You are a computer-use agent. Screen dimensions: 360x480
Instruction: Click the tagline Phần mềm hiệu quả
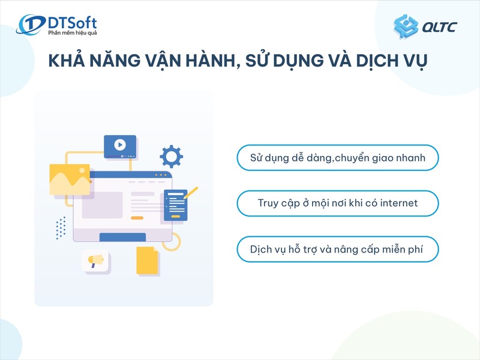(x=72, y=33)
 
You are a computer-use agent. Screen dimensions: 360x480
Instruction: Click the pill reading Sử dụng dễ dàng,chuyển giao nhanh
(x=338, y=158)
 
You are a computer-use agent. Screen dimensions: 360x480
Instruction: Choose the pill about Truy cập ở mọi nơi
(x=338, y=203)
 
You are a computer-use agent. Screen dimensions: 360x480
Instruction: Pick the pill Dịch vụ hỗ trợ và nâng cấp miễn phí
(x=338, y=249)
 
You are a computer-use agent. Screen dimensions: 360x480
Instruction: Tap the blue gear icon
(x=171, y=157)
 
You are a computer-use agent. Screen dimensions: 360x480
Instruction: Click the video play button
(x=120, y=145)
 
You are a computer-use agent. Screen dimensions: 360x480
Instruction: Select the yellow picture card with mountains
(x=70, y=179)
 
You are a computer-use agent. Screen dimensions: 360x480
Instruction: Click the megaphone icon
(x=96, y=260)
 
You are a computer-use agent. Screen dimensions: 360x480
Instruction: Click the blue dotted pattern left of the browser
(x=61, y=228)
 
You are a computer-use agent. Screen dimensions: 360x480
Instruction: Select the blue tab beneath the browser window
(x=122, y=237)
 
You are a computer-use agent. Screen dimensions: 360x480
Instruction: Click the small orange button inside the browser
(x=137, y=217)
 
